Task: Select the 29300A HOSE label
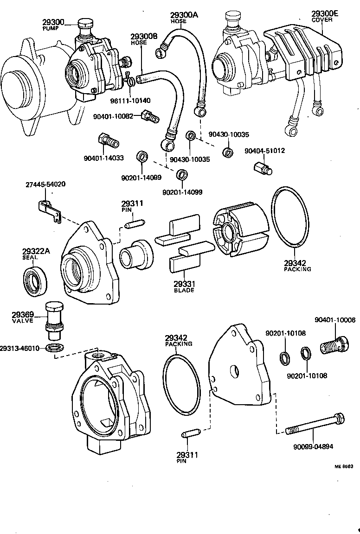(x=183, y=18)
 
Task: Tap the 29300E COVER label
(x=325, y=16)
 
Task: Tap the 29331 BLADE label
(x=184, y=286)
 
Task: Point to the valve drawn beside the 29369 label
(x=52, y=319)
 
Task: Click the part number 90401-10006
(x=335, y=320)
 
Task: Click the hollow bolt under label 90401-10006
(x=334, y=345)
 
